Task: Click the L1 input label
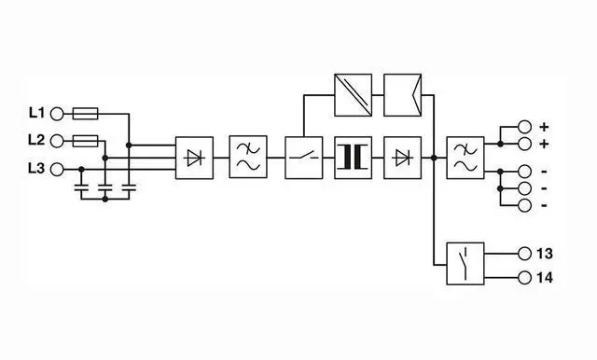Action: coord(37,113)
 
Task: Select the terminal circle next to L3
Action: coord(57,169)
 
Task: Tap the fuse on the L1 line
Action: coord(85,114)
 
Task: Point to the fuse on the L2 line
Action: coord(85,141)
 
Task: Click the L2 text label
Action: coord(36,140)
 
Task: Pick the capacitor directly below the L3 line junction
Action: coord(81,187)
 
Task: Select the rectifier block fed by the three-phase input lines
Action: coord(194,158)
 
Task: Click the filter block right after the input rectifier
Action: coord(248,157)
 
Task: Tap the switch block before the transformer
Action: coord(304,158)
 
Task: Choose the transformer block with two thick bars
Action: coord(353,158)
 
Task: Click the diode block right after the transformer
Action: coord(402,158)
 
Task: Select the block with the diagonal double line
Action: coord(353,95)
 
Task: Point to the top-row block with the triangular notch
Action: coord(402,95)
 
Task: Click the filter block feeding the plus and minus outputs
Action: coord(465,158)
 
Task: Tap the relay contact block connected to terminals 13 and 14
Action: coord(465,263)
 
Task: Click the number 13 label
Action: coord(545,254)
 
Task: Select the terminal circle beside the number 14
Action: coord(524,278)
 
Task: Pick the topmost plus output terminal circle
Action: coord(524,127)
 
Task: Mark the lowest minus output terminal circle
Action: coord(524,205)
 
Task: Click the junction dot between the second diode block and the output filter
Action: coord(434,158)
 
